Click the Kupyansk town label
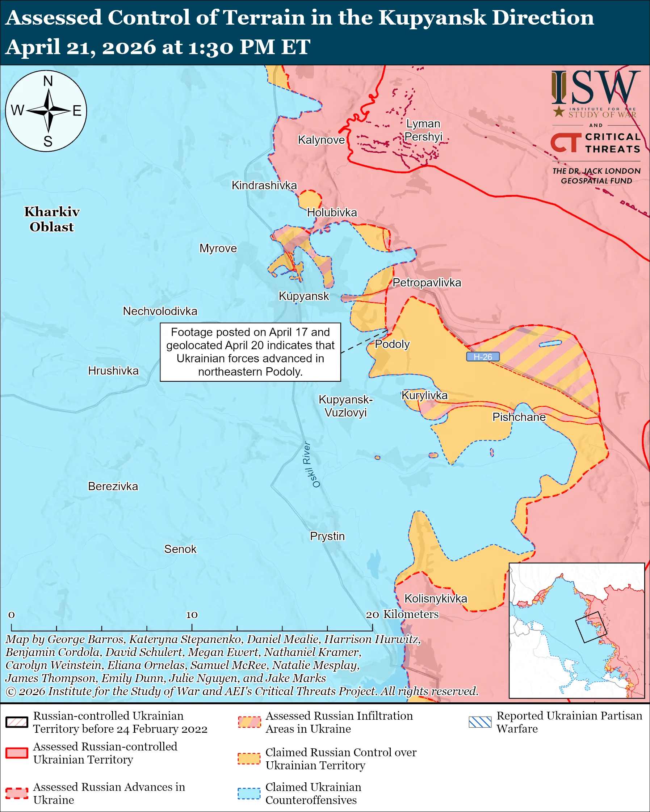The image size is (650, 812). pos(304,296)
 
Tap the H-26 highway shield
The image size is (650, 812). pos(483,357)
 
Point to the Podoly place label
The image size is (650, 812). pos(392,344)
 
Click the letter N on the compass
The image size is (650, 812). pos(48,81)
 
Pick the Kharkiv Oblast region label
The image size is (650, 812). pos(52,219)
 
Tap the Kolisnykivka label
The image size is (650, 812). pos(436,599)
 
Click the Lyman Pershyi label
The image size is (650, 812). pos(423,130)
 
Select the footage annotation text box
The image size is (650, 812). pos(250,352)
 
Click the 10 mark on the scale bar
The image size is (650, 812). pos(192,615)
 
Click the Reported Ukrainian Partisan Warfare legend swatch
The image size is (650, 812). pos(480,722)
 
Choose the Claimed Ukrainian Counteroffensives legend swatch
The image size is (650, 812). pos(249,794)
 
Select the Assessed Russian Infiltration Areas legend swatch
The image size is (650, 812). pos(249,722)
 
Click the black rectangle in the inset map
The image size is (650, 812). pos(591,627)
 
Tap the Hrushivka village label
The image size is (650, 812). pos(113,371)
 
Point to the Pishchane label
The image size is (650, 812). pos(519,417)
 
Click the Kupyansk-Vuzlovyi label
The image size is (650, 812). pos(345,406)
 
